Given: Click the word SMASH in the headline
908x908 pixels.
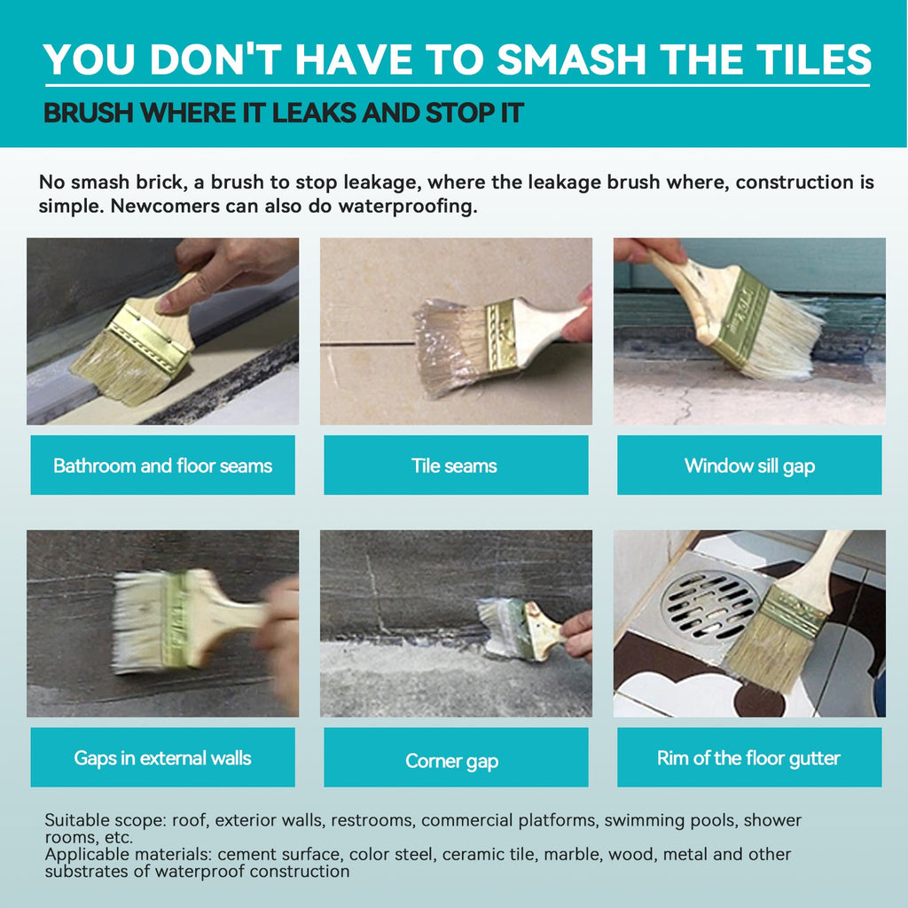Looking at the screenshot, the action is (571, 59).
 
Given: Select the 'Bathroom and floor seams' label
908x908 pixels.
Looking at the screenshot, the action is (163, 466).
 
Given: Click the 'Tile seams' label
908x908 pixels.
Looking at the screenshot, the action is (456, 466).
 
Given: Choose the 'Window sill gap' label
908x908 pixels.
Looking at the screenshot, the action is (749, 466).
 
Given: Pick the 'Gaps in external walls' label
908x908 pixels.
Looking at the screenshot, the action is (163, 757).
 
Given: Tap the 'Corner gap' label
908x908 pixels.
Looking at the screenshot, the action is (456, 757).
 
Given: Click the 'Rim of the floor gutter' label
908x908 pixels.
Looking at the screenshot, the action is (749, 757).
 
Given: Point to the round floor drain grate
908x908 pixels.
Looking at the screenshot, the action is (710, 607).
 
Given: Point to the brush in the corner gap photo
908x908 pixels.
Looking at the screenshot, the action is (521, 630).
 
